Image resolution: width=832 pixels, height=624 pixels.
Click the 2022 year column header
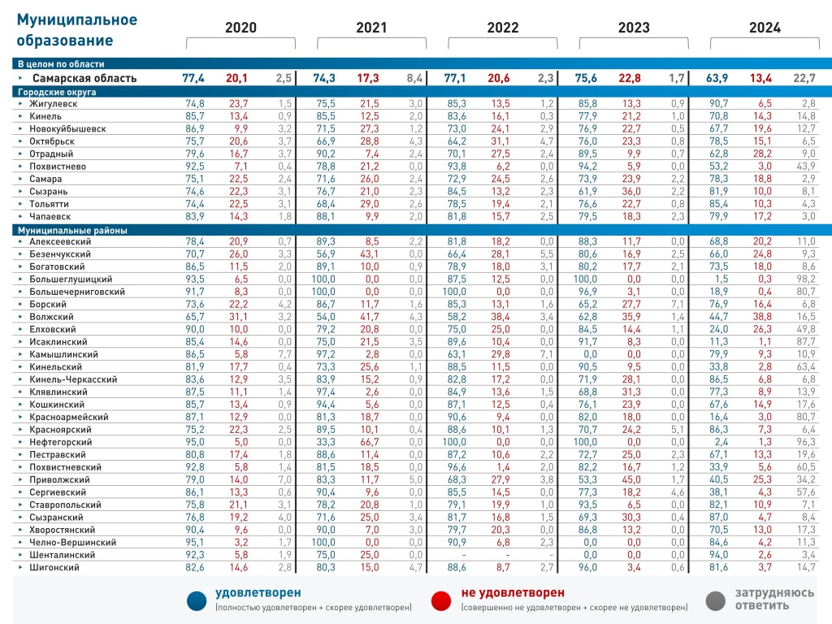pos(502,28)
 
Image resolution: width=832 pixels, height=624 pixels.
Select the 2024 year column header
pos(765,28)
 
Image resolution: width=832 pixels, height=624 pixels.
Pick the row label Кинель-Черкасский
pos(71,379)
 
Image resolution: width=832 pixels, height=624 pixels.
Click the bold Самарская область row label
pos(84,78)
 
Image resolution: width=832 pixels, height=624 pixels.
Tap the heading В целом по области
pos(61,63)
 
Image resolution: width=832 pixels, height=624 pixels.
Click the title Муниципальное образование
pos(77,30)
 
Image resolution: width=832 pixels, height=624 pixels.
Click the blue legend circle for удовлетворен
pos(196,600)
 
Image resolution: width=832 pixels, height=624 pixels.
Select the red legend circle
pos(441,600)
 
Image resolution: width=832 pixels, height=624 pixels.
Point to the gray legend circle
pos(716,600)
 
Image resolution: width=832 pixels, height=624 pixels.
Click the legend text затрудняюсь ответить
pos(774,599)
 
